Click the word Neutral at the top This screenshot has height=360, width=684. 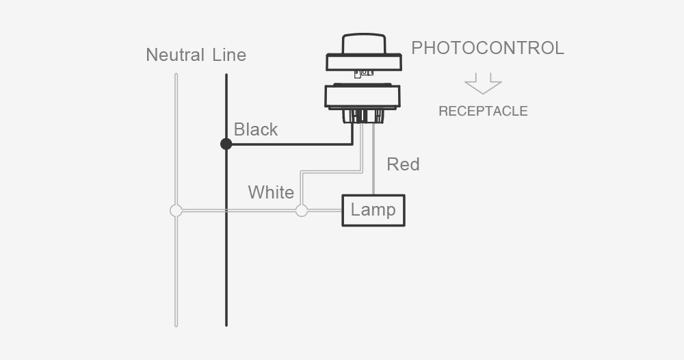(175, 55)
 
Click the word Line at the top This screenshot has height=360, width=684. (229, 55)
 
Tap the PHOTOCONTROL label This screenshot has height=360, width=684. (487, 48)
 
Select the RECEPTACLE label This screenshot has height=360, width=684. (483, 111)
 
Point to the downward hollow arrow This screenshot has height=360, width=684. (483, 83)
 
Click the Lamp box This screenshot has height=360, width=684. (373, 210)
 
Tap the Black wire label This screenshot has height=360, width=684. (256, 129)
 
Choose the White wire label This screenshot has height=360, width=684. (271, 192)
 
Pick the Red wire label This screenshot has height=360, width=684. (403, 164)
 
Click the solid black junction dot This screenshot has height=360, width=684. (226, 144)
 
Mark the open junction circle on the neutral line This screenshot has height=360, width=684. (176, 210)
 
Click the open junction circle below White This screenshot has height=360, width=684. (301, 210)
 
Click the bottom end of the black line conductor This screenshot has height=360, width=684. (226, 323)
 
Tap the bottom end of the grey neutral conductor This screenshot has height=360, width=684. (176, 323)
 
